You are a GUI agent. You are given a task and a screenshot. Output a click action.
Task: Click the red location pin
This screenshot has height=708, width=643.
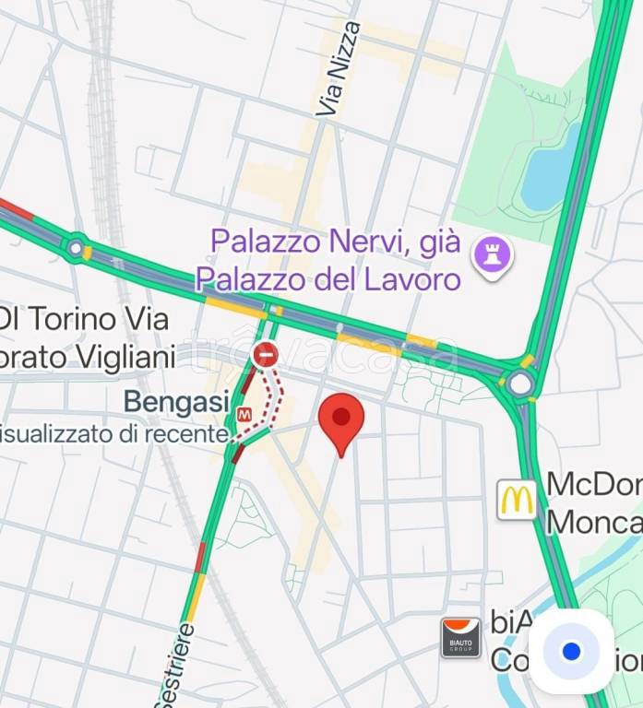tap(341, 420)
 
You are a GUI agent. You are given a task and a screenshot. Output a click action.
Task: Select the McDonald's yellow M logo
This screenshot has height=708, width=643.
tap(518, 501)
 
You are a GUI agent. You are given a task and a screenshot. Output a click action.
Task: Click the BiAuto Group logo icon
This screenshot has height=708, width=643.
tap(460, 637)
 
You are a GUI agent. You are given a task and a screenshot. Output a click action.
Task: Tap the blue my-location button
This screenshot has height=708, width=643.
tap(571, 652)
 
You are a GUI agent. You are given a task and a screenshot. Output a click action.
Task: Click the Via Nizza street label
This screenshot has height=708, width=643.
tap(339, 68)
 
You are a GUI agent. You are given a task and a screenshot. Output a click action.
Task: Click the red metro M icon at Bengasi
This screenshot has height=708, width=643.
tap(244, 415)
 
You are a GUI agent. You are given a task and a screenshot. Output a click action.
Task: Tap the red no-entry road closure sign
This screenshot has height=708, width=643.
tap(266, 353)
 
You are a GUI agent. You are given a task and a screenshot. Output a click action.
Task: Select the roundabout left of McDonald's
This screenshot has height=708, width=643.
tap(519, 383)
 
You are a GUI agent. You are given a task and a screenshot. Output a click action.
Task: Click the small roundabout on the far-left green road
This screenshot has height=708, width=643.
tap(75, 246)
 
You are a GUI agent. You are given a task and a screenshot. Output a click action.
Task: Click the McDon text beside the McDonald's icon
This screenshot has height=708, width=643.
tap(593, 484)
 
